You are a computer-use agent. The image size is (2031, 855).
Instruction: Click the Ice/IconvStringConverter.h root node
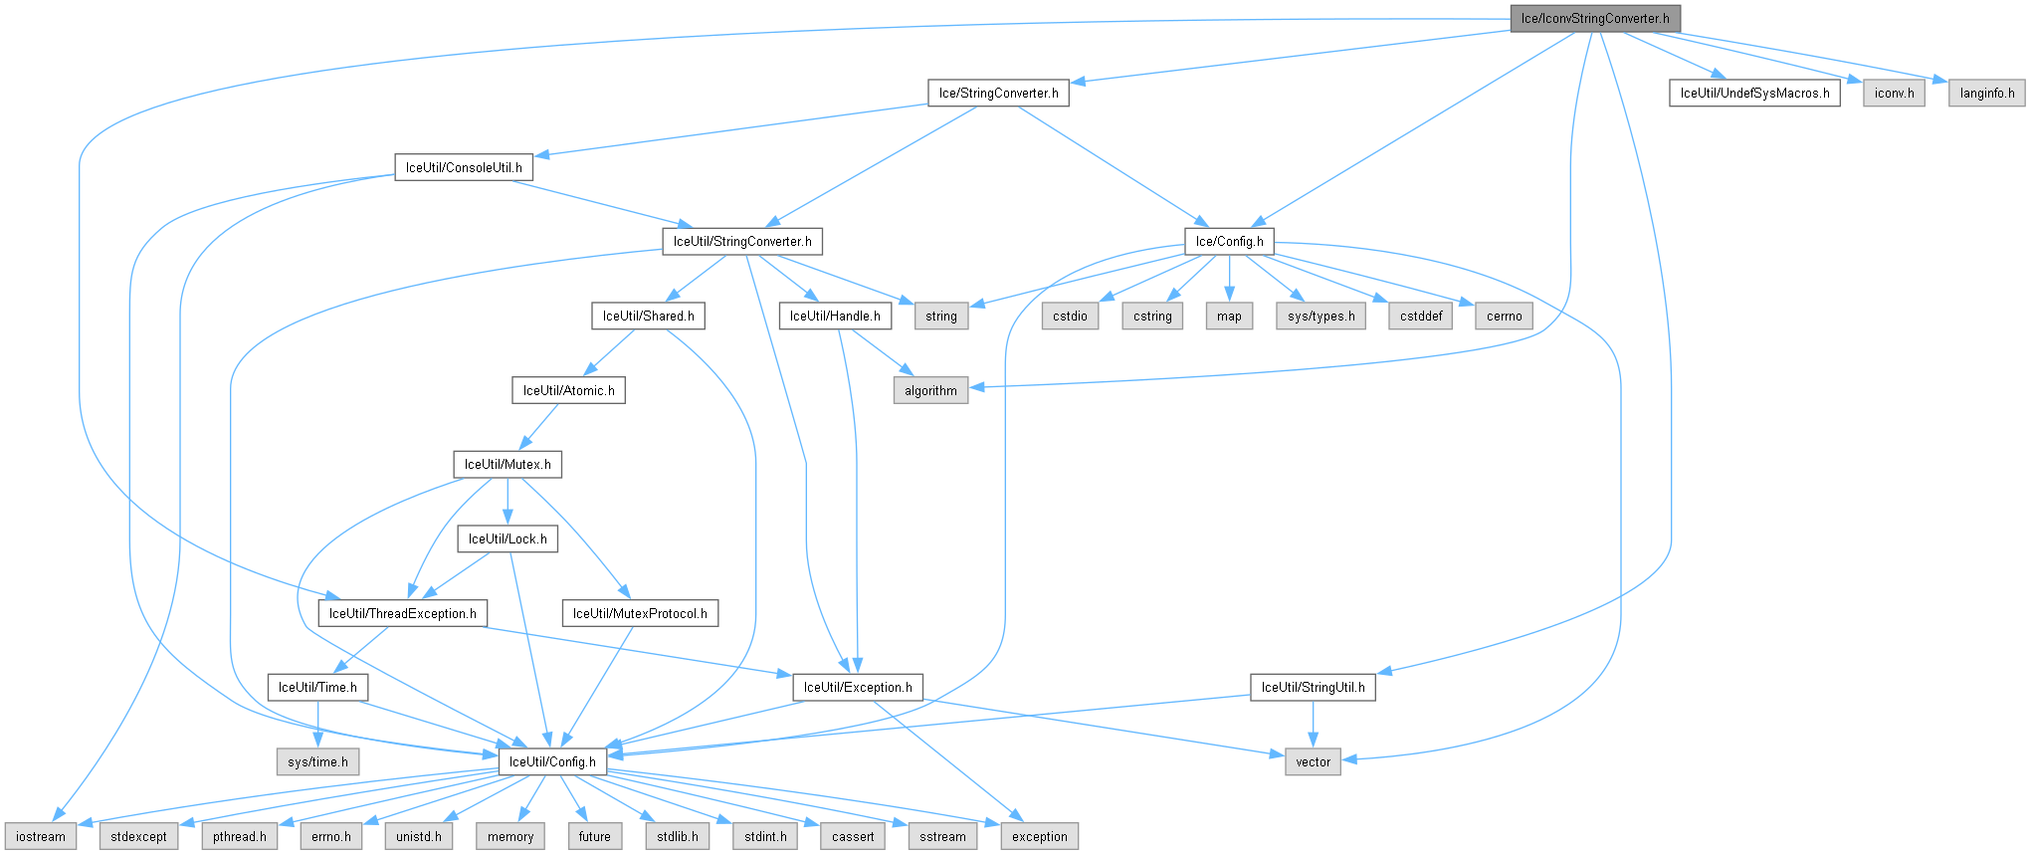(x=1594, y=19)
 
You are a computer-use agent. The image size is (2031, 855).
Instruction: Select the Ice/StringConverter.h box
(x=998, y=94)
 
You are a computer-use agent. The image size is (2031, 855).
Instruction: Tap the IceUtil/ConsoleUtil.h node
(x=463, y=167)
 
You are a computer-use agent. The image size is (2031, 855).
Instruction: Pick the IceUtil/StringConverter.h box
(x=742, y=242)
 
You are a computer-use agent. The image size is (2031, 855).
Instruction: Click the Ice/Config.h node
(x=1229, y=242)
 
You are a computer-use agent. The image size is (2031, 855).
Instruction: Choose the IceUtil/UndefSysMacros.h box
(x=1754, y=94)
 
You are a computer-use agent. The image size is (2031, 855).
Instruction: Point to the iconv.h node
(x=1894, y=94)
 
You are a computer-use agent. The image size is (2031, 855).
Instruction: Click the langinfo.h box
(x=1986, y=94)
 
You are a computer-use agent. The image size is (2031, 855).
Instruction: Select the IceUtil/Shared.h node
(x=648, y=317)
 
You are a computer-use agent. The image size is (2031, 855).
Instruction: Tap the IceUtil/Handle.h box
(x=835, y=317)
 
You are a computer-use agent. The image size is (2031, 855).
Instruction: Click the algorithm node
(x=930, y=391)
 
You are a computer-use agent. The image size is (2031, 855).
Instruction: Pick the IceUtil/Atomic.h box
(x=568, y=391)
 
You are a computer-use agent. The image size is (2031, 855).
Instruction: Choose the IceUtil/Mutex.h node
(x=508, y=465)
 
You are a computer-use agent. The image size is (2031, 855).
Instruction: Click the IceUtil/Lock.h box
(x=508, y=539)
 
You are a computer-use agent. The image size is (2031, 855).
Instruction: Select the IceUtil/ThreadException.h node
(x=402, y=614)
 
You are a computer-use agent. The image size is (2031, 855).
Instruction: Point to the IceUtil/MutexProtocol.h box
(x=640, y=614)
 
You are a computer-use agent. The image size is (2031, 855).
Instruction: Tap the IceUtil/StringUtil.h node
(x=1313, y=688)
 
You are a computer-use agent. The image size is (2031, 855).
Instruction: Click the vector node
(x=1313, y=762)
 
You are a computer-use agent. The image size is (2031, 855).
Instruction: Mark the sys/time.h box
(x=317, y=762)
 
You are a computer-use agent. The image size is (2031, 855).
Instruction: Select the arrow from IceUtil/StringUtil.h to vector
(x=1313, y=725)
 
